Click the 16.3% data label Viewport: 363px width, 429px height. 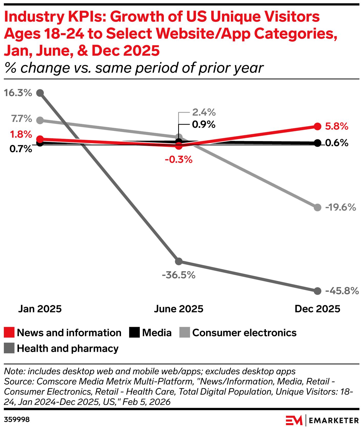pos(18,93)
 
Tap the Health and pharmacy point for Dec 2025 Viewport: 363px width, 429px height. pos(317,291)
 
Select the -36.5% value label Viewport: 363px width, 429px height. pos(179,275)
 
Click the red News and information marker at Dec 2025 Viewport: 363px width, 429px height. pos(317,126)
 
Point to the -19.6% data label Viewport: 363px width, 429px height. pos(340,207)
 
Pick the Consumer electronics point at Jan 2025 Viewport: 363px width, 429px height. pos(40,120)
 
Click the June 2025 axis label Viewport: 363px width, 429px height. pos(179,309)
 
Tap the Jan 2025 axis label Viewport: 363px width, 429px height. pos(40,309)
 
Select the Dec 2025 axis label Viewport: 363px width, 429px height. pos(317,309)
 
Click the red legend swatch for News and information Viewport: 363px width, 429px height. pos(9,333)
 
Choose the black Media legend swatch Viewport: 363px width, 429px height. pos(134,333)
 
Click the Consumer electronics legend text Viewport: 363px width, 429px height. pos(244,333)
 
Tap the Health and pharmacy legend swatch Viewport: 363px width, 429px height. pos(9,348)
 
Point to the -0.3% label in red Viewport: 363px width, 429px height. pos(179,160)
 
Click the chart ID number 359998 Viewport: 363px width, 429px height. pos(17,420)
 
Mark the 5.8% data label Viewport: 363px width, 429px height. pos(337,126)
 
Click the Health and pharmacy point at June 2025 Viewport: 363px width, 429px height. pos(179,262)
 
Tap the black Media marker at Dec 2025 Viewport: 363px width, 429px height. pos(317,143)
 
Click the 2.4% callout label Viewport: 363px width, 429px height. pos(204,112)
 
